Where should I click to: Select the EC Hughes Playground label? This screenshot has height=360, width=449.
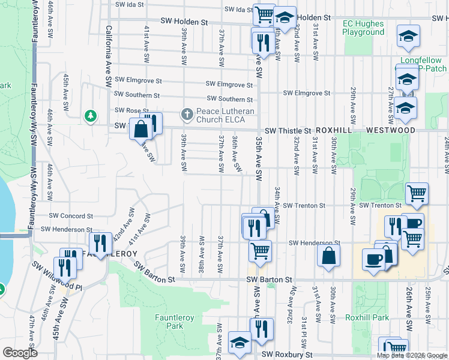(x=363, y=28)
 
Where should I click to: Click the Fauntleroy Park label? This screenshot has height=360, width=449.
(x=169, y=322)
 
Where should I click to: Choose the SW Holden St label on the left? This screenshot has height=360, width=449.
(x=184, y=21)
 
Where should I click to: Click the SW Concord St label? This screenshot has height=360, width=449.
(x=71, y=215)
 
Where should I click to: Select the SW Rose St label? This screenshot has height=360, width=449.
(x=132, y=110)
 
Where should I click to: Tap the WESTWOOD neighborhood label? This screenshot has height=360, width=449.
(x=391, y=130)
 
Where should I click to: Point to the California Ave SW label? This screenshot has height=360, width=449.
(x=109, y=54)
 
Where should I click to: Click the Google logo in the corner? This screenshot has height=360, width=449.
(x=20, y=353)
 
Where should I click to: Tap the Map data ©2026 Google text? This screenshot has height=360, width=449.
(x=412, y=355)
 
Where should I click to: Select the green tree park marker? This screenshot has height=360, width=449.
(x=91, y=115)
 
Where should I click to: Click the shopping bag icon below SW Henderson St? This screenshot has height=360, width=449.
(x=330, y=256)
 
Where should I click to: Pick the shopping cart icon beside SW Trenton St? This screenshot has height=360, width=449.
(x=417, y=193)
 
